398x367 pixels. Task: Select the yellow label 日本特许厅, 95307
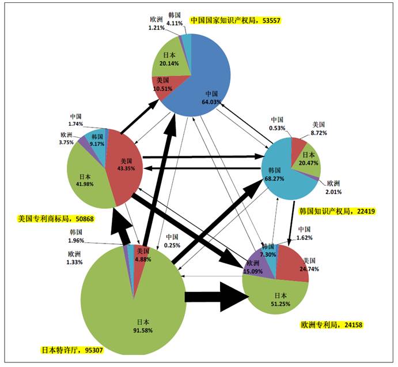[69, 350]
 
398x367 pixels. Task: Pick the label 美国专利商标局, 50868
[48, 219]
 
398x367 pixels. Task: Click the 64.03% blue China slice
[210, 81]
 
